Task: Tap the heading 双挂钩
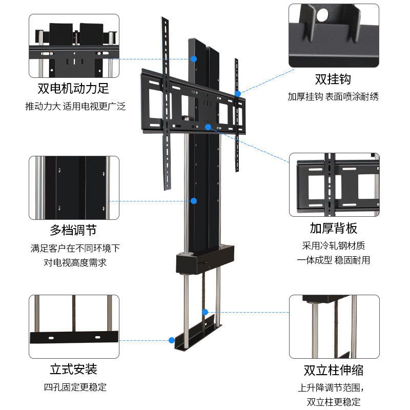click(x=333, y=79)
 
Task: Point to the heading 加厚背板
click(x=334, y=228)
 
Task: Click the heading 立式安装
click(x=73, y=369)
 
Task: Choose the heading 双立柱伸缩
click(x=334, y=370)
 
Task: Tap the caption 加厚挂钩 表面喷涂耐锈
click(x=333, y=96)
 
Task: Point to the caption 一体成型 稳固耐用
click(x=334, y=260)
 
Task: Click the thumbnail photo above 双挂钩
click(x=334, y=35)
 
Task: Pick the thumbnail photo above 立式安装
click(x=74, y=326)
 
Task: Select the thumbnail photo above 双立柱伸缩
click(x=334, y=326)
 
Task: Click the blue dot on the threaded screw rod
click(x=205, y=312)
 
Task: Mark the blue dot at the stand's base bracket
click(x=171, y=339)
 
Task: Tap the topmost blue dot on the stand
click(x=194, y=59)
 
